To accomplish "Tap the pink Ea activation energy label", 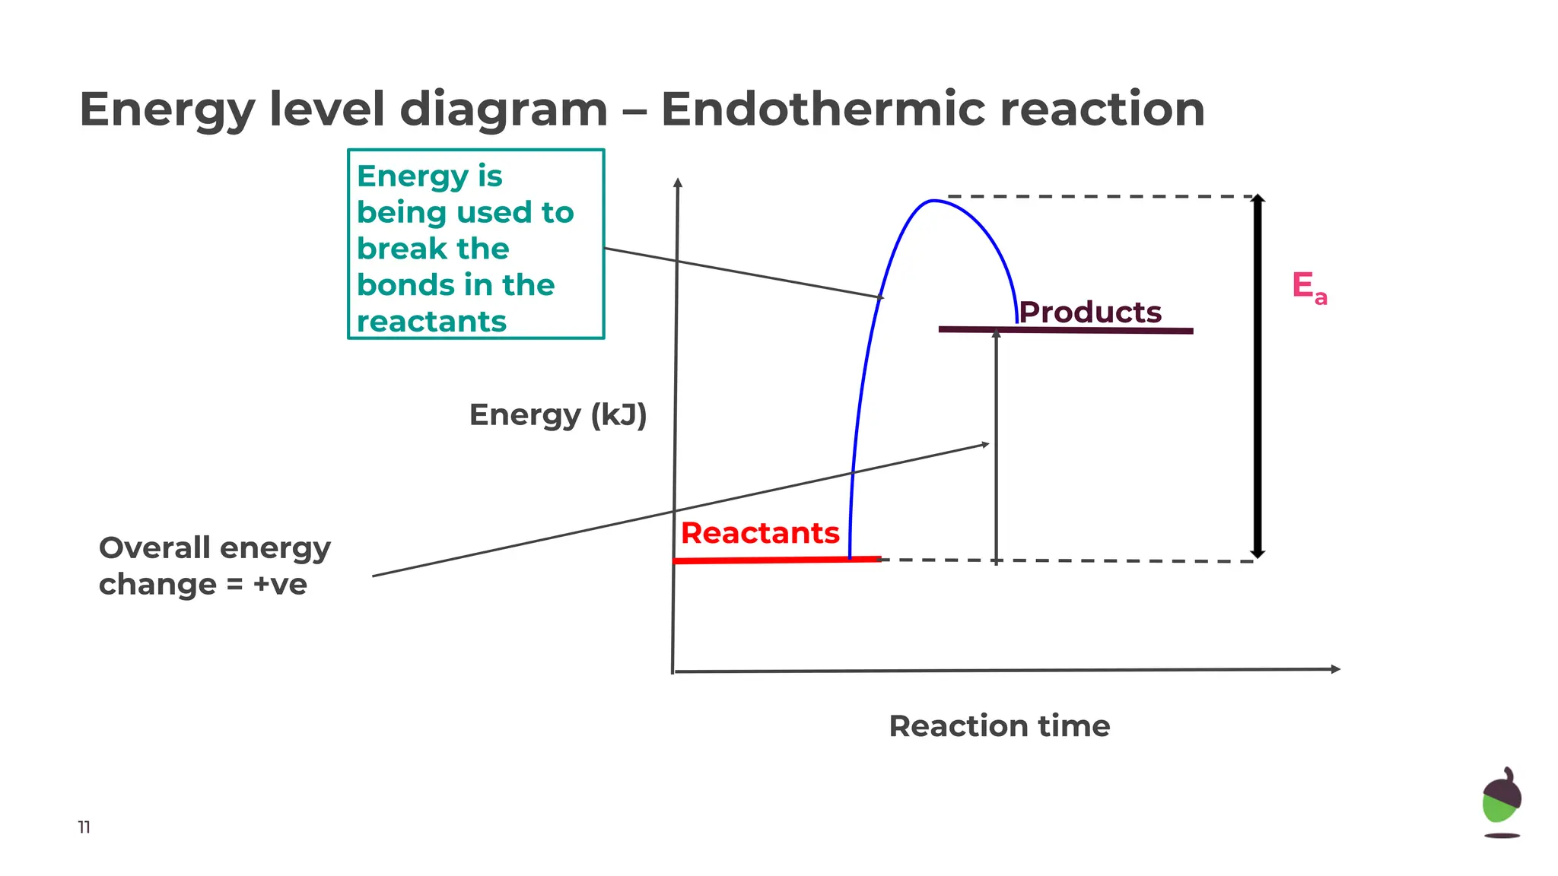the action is point(1308,287).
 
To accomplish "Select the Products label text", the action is point(1090,312).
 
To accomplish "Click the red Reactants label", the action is point(760,533).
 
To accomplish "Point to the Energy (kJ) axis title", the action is point(558,415).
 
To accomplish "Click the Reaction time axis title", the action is point(999,726).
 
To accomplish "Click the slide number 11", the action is point(84,827).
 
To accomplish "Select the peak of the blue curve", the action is point(933,201).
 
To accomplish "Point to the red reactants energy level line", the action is point(776,560).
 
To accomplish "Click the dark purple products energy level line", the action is point(1065,330).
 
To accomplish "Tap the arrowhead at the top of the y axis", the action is point(678,182).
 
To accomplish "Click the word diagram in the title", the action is point(503,109).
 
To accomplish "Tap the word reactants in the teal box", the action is point(431,322).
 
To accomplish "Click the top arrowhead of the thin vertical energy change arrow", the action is point(996,334).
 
